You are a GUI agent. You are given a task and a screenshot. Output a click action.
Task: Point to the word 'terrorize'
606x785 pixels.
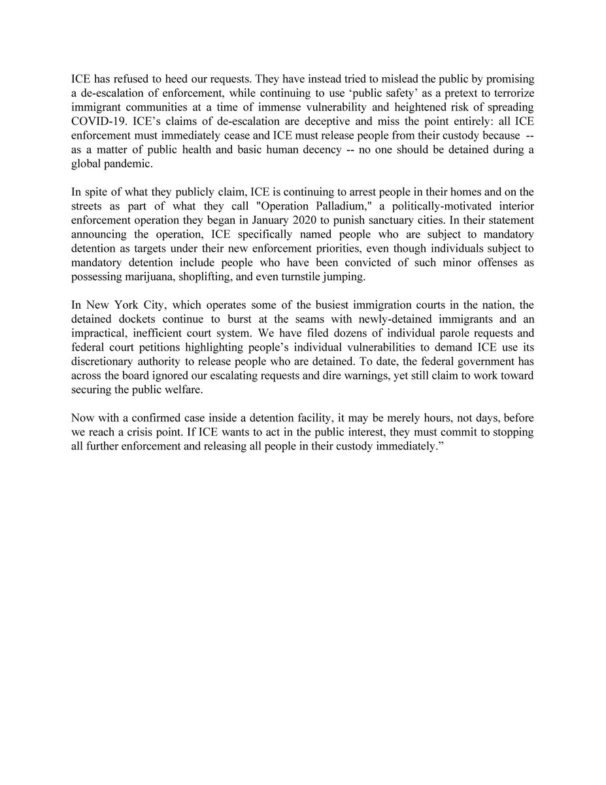513,92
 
